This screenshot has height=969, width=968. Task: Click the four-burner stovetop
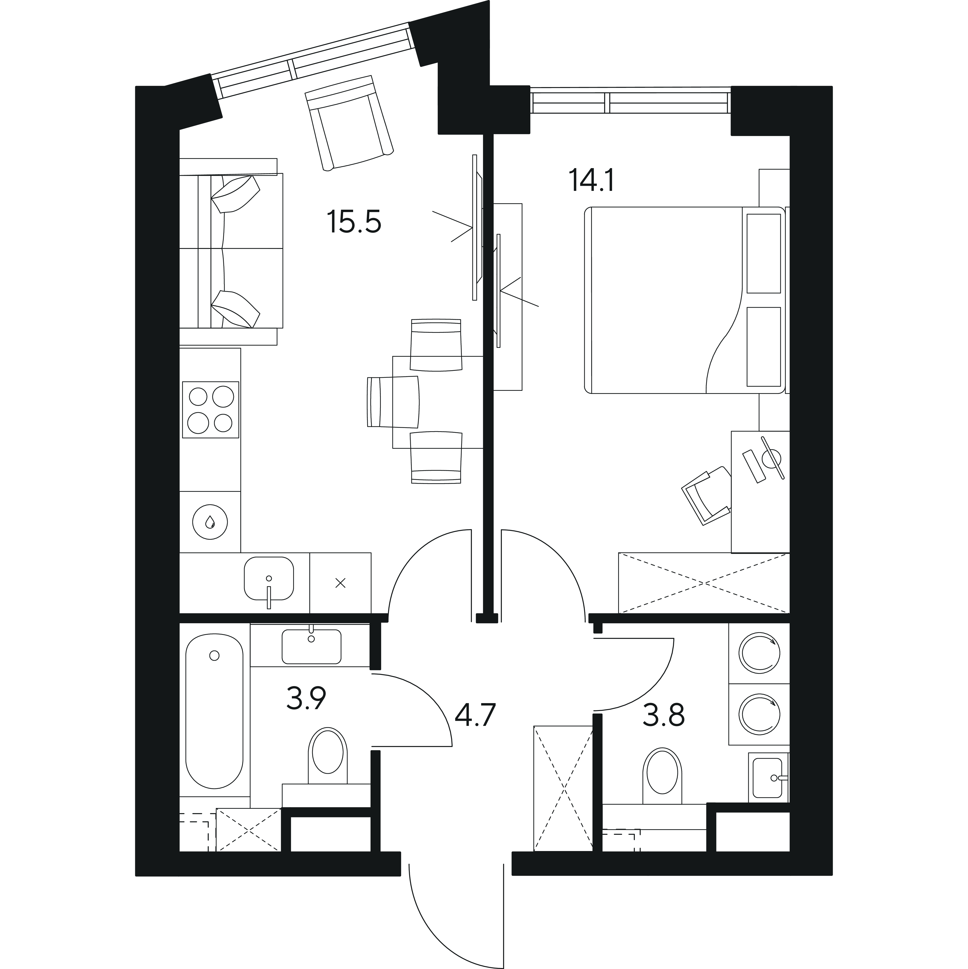(210, 410)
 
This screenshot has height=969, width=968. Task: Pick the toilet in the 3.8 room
(662, 777)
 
